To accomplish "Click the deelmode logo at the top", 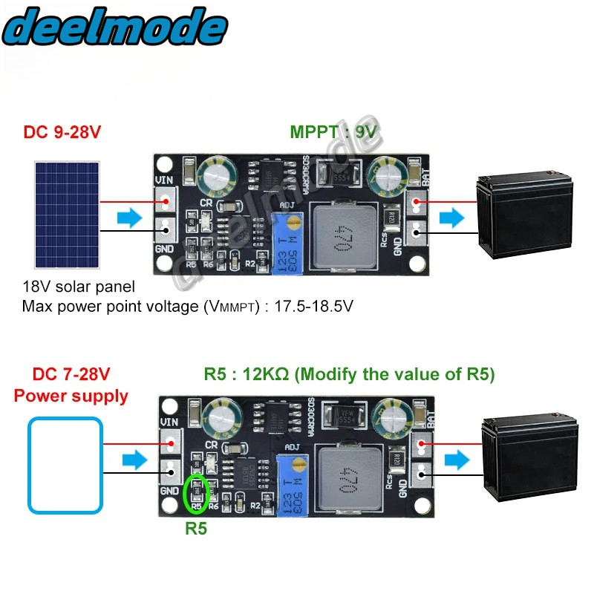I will point(115,28).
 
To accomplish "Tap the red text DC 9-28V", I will point(62,132).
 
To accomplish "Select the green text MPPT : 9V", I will point(333,132).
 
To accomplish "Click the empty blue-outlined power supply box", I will point(65,466).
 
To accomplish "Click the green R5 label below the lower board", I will point(196,529).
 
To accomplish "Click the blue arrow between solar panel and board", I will point(129,218).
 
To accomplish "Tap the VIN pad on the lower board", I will point(170,443).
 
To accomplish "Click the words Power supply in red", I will point(71,396).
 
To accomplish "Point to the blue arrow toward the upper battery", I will point(450,218).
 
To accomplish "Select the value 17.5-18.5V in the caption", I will point(301,305).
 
